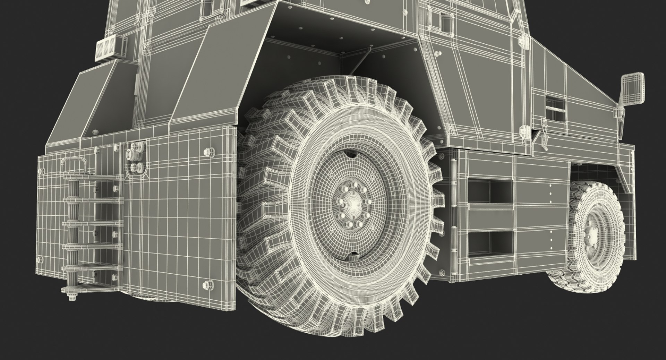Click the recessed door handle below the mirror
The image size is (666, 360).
556,104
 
